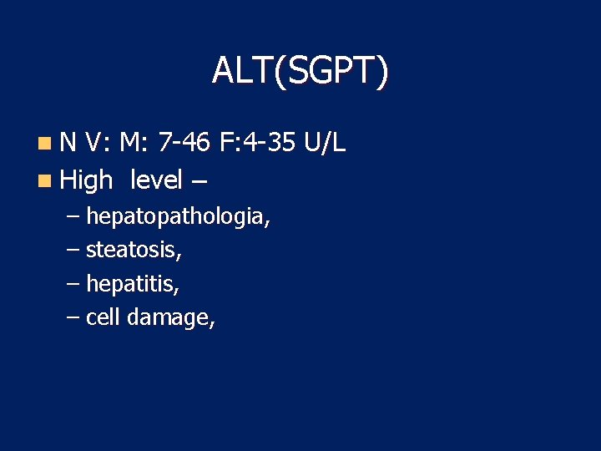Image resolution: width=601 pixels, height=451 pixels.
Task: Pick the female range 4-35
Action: (270, 144)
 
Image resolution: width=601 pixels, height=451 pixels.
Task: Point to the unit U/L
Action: (325, 144)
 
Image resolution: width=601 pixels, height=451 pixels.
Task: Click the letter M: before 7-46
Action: (134, 144)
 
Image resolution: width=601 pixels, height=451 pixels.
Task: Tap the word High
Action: (87, 179)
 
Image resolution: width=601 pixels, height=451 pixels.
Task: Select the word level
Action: (157, 179)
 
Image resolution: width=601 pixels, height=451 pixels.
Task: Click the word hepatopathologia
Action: (178, 219)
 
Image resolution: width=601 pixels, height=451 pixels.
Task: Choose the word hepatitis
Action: (133, 284)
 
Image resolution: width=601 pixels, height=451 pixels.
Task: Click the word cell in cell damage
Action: (104, 317)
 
